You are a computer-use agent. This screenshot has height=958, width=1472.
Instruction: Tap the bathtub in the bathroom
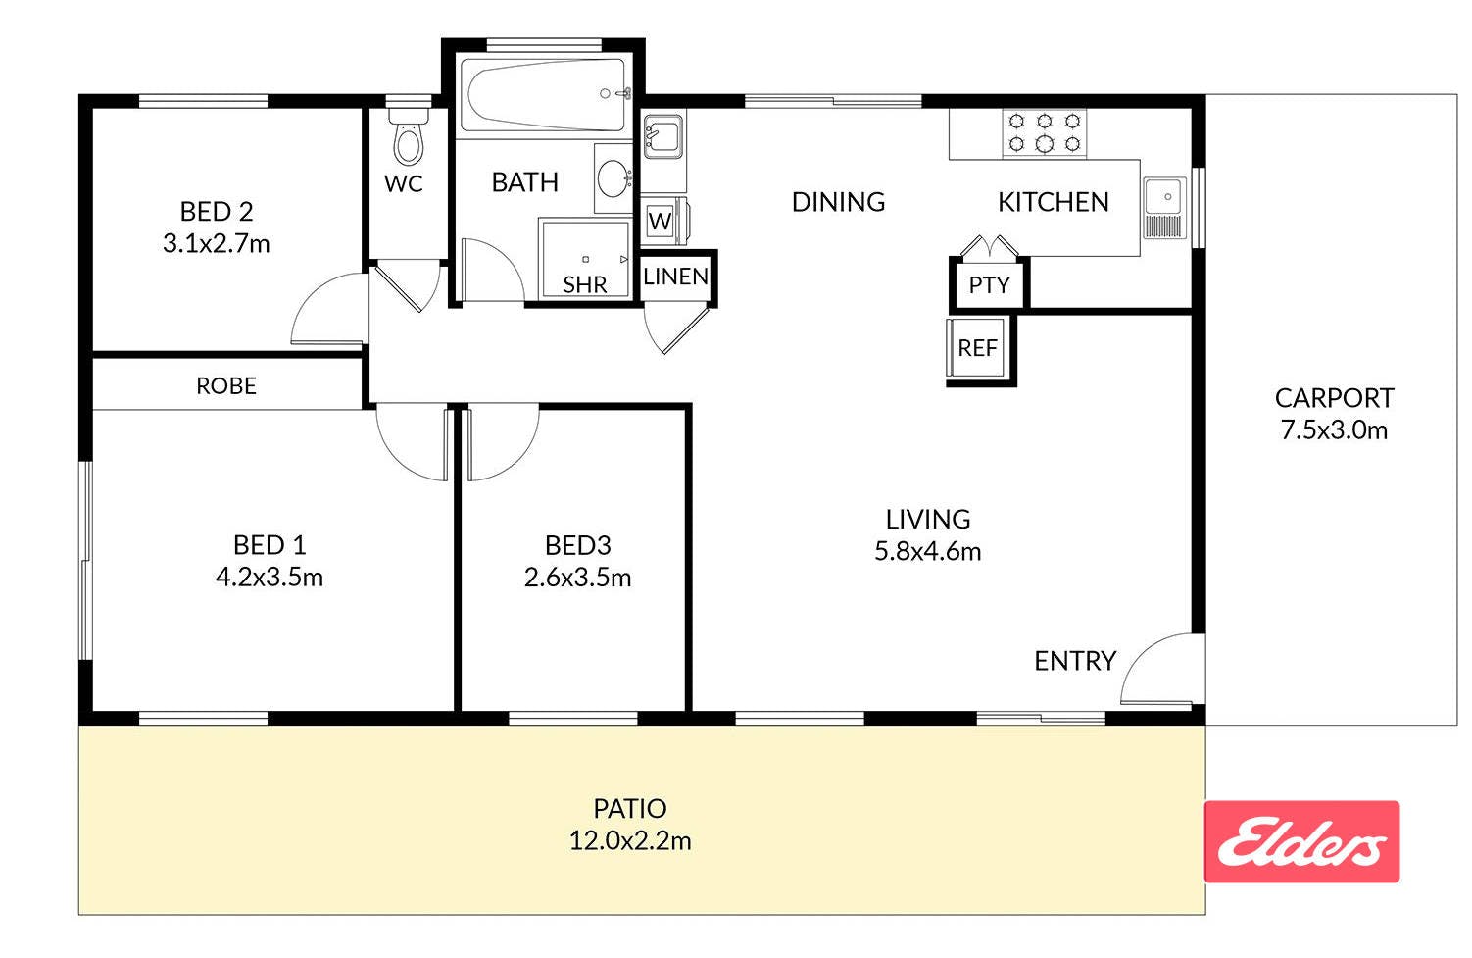pos(544,95)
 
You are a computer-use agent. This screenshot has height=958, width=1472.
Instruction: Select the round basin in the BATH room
pos(613,178)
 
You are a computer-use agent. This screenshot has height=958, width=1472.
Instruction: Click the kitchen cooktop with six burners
pos(1044,132)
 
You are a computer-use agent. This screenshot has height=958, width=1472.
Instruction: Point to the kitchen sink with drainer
pos(1164,208)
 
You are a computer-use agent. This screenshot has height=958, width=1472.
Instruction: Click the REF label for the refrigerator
pos(977,348)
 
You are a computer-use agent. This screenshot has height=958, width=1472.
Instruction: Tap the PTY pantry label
pos(989,285)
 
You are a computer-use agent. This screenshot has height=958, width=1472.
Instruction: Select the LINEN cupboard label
pos(675,277)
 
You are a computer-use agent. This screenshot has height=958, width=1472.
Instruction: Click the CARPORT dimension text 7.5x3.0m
pos(1334,430)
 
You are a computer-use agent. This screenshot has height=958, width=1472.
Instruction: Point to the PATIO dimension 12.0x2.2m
pos(630,841)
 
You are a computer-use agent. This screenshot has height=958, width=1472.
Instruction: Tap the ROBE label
pos(226,386)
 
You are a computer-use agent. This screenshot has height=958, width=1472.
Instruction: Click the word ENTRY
pos(1075,661)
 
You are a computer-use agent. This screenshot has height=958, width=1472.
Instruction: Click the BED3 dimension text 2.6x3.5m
pos(577,578)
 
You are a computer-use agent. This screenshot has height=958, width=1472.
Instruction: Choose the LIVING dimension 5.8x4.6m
pos(927,552)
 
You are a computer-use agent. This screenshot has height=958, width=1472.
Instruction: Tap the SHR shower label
pos(585,284)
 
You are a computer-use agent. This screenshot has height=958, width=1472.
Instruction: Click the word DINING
pos(838,202)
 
